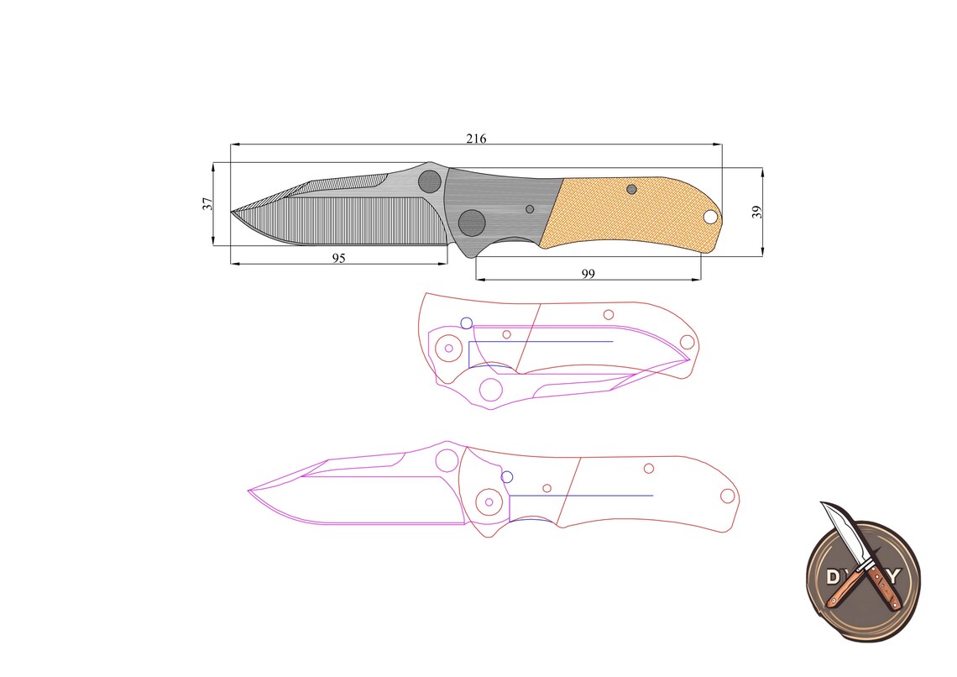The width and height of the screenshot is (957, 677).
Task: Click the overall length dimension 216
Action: (x=476, y=138)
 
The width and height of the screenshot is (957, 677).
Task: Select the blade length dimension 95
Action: (x=338, y=258)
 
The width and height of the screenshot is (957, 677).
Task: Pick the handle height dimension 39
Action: (x=756, y=212)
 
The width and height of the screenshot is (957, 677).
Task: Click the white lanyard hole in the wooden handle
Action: (x=710, y=218)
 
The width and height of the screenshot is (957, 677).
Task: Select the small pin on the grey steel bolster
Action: (x=530, y=208)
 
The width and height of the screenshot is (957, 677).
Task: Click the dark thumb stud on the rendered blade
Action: (x=430, y=181)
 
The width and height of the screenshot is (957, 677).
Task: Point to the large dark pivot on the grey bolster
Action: (x=472, y=223)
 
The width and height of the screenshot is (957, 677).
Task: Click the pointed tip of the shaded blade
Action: (x=233, y=212)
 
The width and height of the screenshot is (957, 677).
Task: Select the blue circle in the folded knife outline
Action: (x=466, y=323)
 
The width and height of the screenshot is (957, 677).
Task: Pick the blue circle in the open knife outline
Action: (x=506, y=477)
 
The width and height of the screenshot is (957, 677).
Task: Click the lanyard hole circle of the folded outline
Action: (x=687, y=342)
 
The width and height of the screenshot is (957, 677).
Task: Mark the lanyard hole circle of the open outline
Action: (x=727, y=496)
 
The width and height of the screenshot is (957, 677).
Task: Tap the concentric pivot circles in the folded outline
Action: (x=449, y=348)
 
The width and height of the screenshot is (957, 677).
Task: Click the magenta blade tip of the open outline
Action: (x=249, y=490)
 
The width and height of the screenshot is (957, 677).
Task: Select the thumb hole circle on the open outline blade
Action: (x=447, y=459)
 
